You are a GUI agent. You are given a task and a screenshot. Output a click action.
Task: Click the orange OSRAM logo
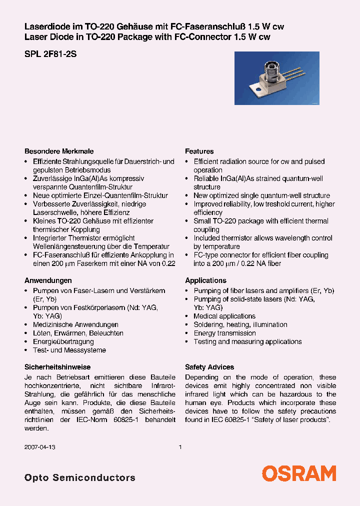(299, 472)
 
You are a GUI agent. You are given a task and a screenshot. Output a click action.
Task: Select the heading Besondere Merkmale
(59, 151)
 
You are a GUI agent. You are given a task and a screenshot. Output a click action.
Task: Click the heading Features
(199, 151)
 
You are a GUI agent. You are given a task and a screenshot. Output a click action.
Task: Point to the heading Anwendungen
(48, 280)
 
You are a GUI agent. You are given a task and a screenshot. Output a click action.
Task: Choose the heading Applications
(205, 280)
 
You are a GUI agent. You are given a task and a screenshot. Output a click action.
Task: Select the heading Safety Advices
(209, 367)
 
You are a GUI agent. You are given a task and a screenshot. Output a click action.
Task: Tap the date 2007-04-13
(40, 447)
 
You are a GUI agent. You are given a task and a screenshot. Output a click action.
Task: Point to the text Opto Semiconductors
(79, 477)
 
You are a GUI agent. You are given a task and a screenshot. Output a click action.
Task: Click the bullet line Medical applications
(224, 316)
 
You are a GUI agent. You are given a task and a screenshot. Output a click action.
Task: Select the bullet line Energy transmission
(224, 333)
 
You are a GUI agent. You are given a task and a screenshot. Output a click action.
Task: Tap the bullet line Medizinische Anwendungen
(75, 324)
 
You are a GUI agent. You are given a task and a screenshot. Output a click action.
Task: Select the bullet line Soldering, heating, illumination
(240, 324)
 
